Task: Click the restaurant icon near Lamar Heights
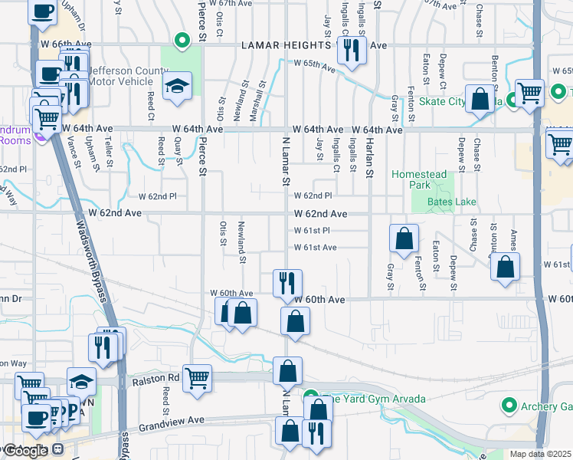tap(352, 50)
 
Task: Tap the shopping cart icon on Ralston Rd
tap(197, 377)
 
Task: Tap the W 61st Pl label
tap(312, 231)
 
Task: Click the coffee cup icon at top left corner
tap(43, 11)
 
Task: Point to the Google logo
tap(25, 450)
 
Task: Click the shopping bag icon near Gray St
tap(404, 238)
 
